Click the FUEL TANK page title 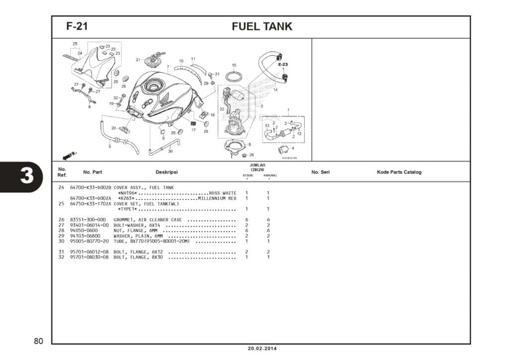(262, 27)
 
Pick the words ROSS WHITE (223, 193)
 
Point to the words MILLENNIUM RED (217, 198)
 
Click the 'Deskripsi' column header (167, 173)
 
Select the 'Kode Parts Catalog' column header (399, 173)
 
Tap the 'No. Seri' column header (320, 173)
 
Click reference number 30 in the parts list (61, 241)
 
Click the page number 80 (39, 341)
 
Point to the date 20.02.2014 (261, 348)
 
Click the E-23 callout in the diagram (283, 65)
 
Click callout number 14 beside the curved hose (275, 90)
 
